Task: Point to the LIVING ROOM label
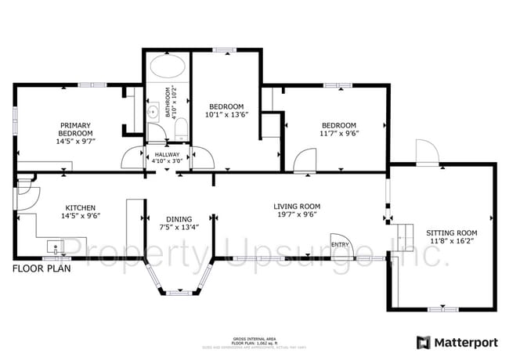click(297, 207)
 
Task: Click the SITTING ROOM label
click(451, 233)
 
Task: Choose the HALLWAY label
click(167, 154)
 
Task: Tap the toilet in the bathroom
click(179, 129)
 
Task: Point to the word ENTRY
click(340, 245)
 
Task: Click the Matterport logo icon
click(423, 342)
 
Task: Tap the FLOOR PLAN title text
click(41, 268)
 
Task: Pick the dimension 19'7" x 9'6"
click(297, 216)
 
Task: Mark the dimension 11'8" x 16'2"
click(451, 243)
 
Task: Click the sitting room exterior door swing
click(427, 152)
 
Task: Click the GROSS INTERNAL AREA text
click(251, 338)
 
